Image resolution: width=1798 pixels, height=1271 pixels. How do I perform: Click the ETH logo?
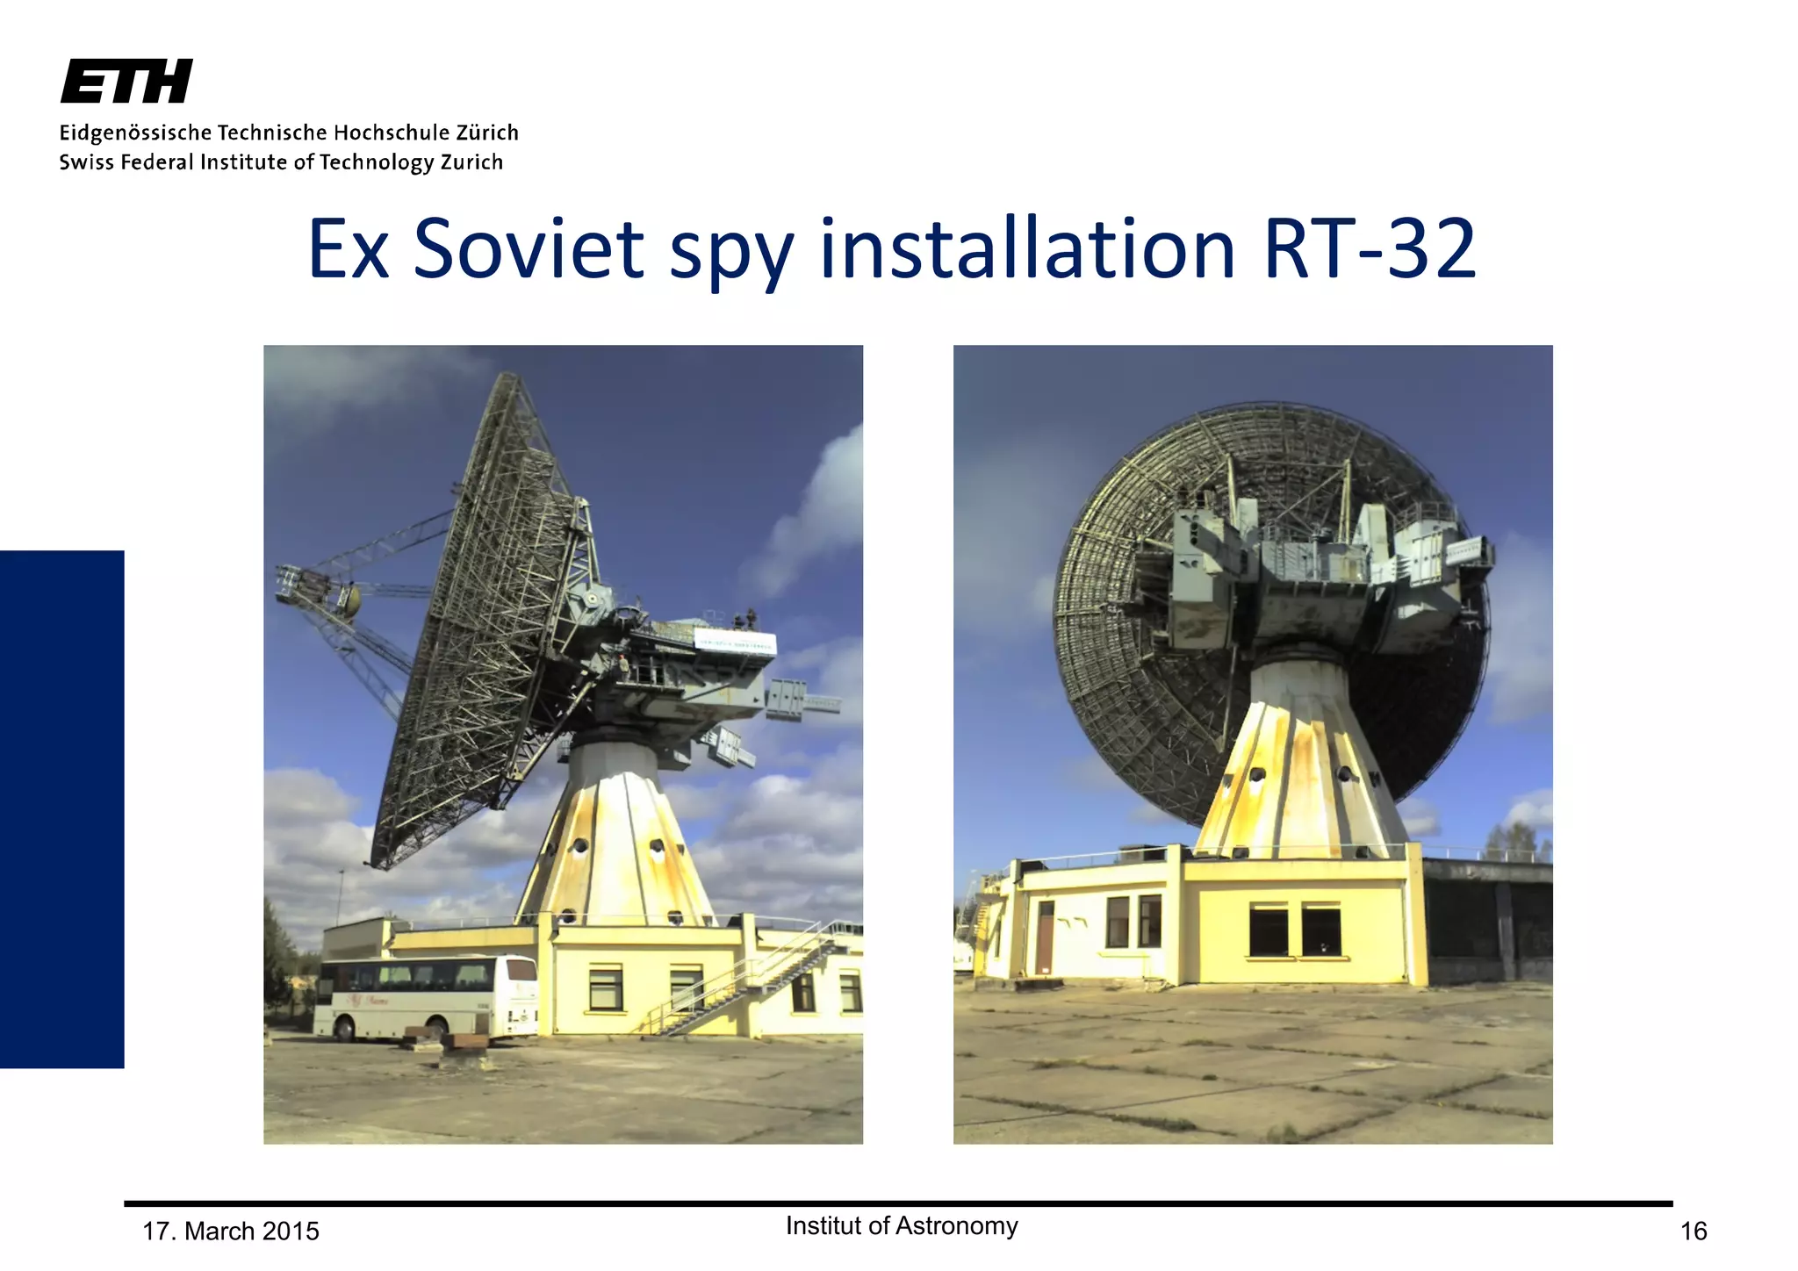pos(126,82)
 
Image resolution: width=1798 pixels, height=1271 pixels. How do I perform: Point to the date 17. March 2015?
pos(231,1232)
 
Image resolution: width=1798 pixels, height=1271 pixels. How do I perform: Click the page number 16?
pos(1693,1232)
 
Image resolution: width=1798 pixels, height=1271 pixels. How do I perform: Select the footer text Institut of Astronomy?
pos(902,1225)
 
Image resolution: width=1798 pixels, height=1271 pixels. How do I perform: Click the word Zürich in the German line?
pos(486,133)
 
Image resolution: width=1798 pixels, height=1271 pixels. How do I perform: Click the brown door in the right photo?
pos(1045,937)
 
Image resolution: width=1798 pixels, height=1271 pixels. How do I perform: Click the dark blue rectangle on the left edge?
pos(61,808)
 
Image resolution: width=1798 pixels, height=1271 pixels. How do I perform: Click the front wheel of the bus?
pos(345,1028)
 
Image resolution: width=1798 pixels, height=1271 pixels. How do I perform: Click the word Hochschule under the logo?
pos(392,133)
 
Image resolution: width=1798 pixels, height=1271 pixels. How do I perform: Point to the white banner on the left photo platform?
pos(736,643)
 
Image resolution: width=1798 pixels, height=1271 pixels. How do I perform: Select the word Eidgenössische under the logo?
pos(135,133)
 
